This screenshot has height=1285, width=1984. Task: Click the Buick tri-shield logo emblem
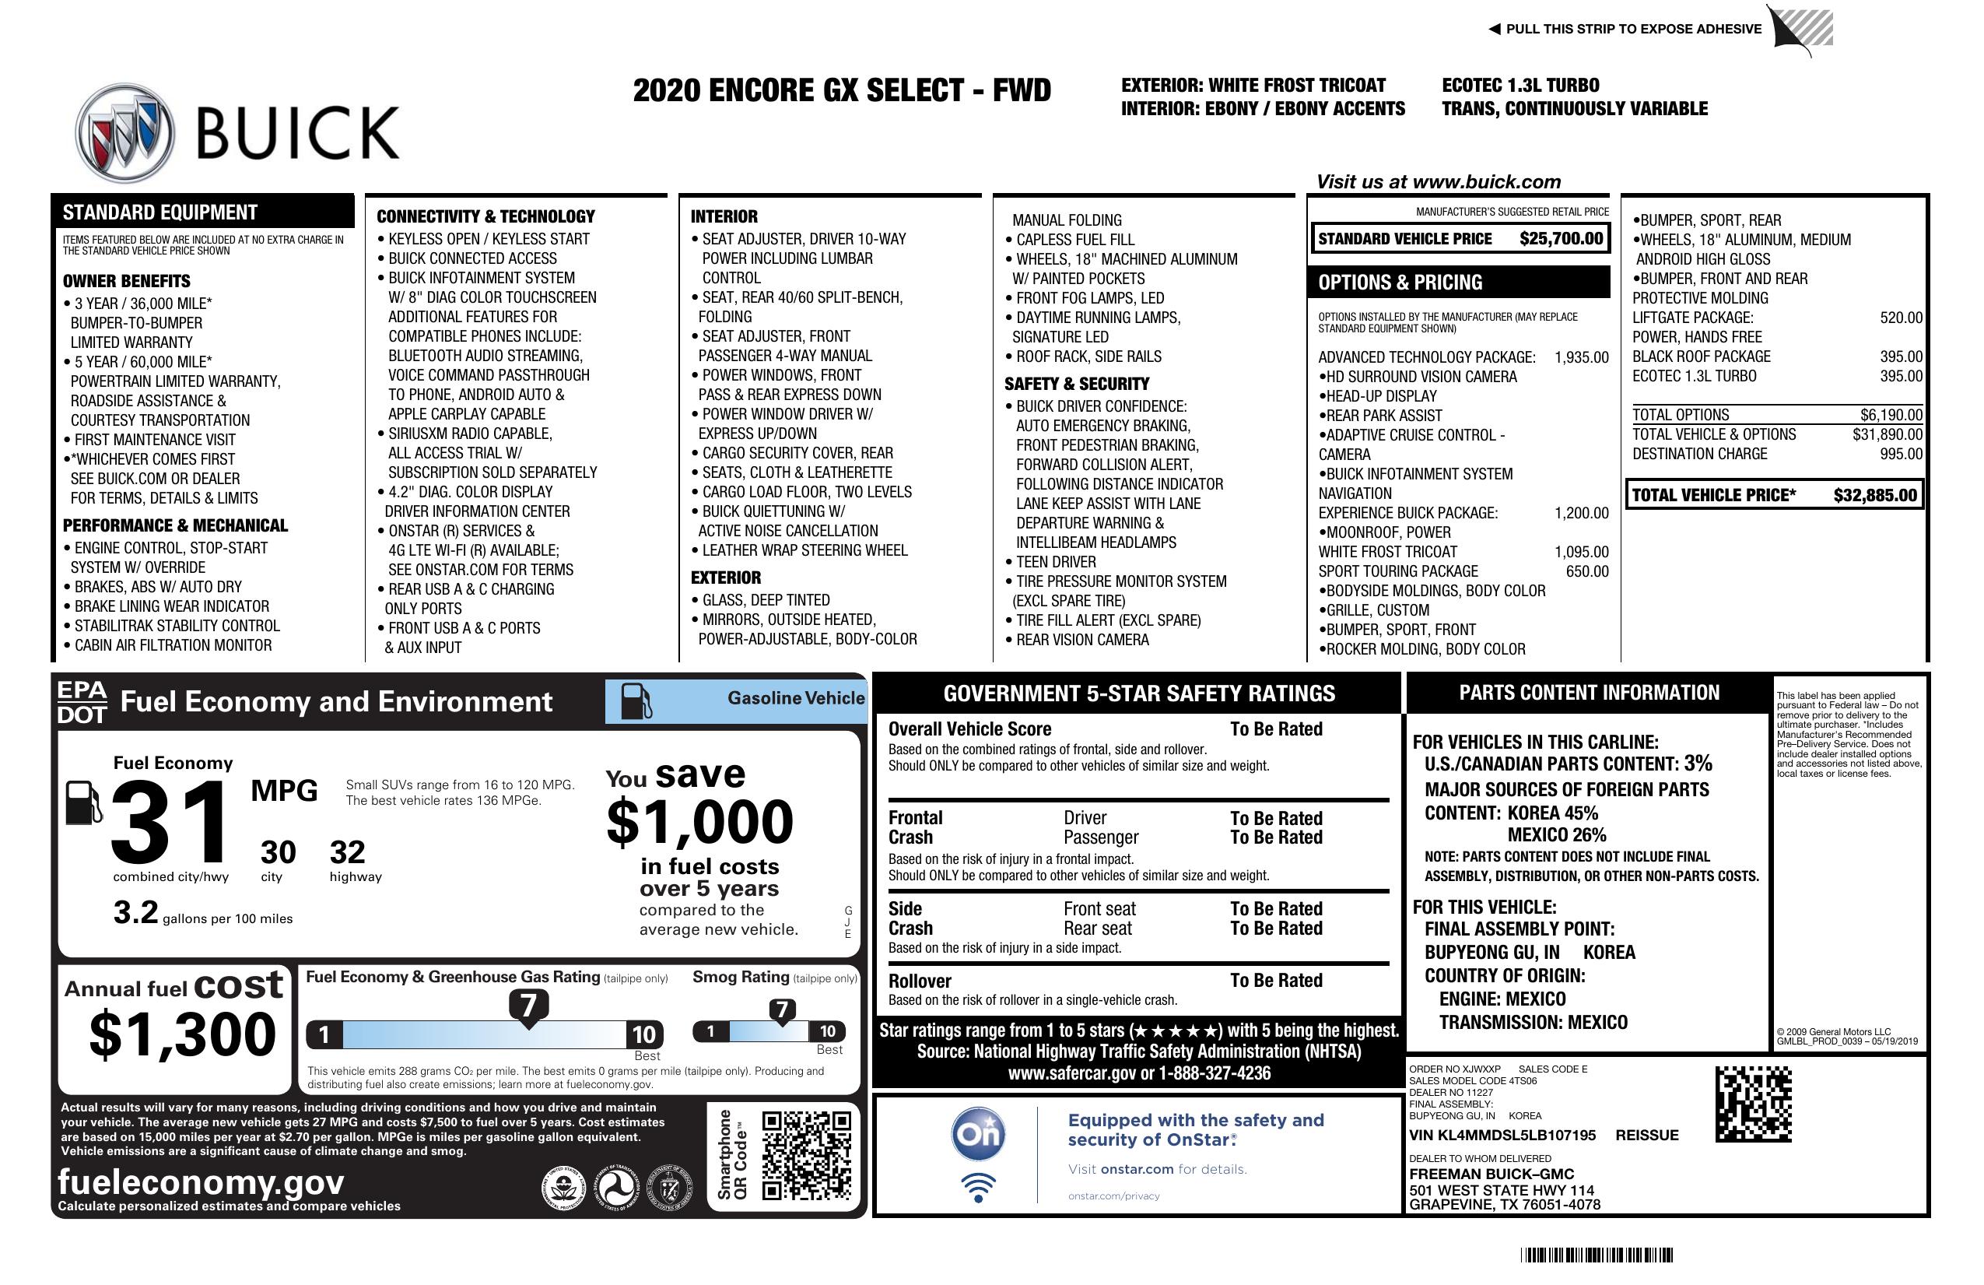coord(125,133)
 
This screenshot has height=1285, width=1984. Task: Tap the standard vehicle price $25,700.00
coord(1561,238)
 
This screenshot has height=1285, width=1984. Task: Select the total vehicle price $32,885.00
coord(1875,495)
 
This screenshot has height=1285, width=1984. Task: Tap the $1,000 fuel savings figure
coord(700,822)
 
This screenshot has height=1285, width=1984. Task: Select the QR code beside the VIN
coord(1753,1104)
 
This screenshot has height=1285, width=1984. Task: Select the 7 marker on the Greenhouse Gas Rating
coord(528,1006)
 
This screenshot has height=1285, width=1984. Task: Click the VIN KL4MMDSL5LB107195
coord(1502,1135)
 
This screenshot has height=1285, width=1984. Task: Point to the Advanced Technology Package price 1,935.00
coord(1581,358)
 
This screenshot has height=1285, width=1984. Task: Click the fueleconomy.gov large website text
coord(201,1181)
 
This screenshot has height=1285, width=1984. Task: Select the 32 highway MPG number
coord(348,852)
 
